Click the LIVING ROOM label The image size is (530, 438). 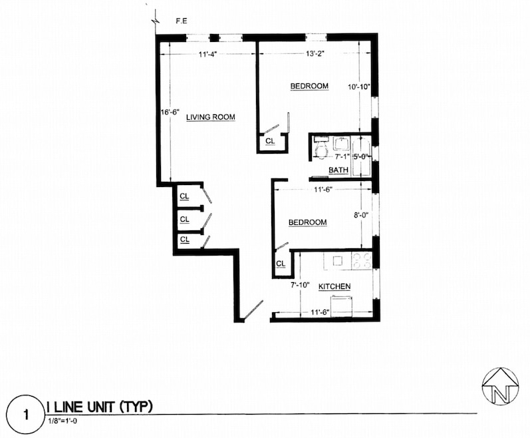point(211,118)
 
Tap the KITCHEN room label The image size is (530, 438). point(334,287)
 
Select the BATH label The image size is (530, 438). point(338,171)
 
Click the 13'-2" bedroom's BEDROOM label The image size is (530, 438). point(309,87)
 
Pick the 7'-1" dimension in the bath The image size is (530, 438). point(342,157)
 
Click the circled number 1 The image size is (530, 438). point(26,415)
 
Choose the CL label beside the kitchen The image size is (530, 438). point(281,264)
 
